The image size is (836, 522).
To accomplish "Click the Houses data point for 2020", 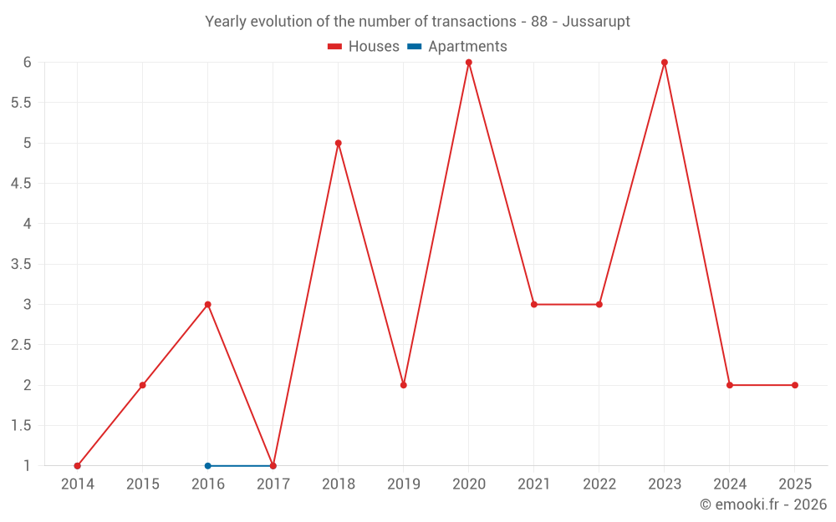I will pyautogui.click(x=468, y=63).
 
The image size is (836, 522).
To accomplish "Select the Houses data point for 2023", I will pyautogui.click(x=665, y=63).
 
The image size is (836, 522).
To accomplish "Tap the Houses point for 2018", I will pyautogui.click(x=338, y=143).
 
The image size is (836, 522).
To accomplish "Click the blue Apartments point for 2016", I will pyautogui.click(x=207, y=466).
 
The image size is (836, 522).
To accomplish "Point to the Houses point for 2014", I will pyautogui.click(x=77, y=466).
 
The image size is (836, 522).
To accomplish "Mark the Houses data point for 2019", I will pyautogui.click(x=403, y=385).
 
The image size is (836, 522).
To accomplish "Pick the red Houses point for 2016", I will pyautogui.click(x=207, y=305).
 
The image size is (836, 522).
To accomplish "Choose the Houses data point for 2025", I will pyautogui.click(x=795, y=385).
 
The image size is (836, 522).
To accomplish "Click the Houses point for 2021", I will pyautogui.click(x=533, y=305).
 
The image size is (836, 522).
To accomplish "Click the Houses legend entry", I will pyautogui.click(x=364, y=47).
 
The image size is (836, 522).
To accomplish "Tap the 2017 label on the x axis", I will pyautogui.click(x=273, y=484).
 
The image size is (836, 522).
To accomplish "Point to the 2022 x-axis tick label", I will pyautogui.click(x=599, y=484).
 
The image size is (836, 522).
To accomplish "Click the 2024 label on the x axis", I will pyautogui.click(x=730, y=484).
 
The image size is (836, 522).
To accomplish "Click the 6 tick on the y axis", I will pyautogui.click(x=27, y=63).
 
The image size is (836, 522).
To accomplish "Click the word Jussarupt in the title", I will pyautogui.click(x=596, y=22).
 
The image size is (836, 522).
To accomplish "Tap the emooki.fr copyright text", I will pyautogui.click(x=763, y=504).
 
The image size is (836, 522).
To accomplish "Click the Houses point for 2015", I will pyautogui.click(x=142, y=385).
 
